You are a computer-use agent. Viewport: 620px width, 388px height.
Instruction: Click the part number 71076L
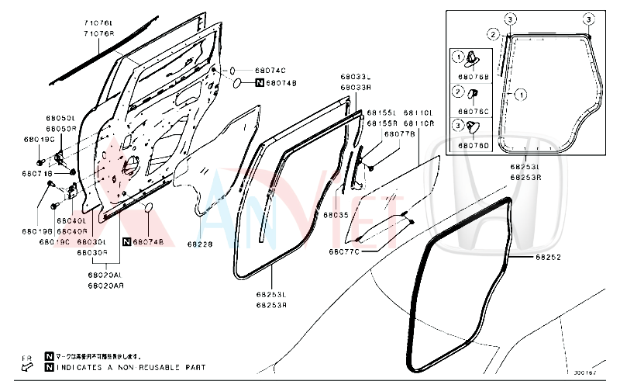(98, 25)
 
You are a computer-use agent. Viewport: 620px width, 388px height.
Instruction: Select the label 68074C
(271, 71)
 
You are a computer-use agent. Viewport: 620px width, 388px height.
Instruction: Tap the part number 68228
(199, 244)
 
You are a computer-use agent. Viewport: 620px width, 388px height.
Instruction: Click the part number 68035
(338, 214)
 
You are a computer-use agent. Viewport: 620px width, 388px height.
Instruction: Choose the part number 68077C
(344, 251)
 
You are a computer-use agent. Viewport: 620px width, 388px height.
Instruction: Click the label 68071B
(38, 174)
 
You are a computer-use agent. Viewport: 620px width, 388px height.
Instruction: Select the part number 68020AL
(105, 275)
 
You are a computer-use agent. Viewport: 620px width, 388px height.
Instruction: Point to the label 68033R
(355, 88)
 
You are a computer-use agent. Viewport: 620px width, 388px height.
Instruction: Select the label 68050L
(60, 118)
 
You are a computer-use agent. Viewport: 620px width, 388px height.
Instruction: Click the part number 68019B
(37, 230)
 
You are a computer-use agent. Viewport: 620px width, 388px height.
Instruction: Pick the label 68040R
(72, 230)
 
